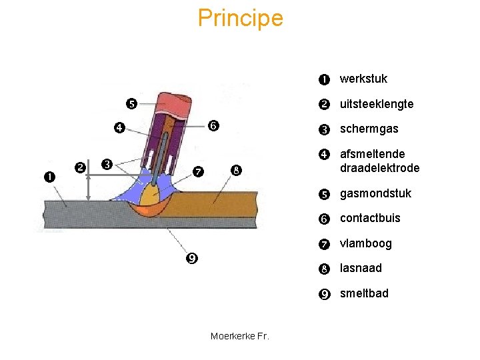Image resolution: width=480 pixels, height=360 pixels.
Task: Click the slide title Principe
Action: (240, 18)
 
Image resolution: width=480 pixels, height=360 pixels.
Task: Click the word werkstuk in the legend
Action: (363, 79)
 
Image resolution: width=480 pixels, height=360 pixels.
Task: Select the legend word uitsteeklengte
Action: (377, 104)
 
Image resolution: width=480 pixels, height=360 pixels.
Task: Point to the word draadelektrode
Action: (379, 168)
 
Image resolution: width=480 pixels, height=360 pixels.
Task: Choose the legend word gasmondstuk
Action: (375, 193)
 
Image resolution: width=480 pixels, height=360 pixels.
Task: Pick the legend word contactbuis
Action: (370, 218)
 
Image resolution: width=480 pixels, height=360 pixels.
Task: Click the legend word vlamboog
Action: (365, 243)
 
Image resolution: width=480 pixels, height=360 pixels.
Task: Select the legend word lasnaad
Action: (361, 268)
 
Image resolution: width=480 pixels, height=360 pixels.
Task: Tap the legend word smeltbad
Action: (364, 293)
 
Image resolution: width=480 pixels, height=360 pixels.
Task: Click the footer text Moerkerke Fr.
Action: (240, 336)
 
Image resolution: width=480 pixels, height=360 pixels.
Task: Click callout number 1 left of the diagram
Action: (50, 177)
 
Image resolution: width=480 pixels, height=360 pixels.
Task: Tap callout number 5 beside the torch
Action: (131, 103)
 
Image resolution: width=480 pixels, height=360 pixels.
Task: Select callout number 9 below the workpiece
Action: (191, 258)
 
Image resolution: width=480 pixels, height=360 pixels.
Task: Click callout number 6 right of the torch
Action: (214, 125)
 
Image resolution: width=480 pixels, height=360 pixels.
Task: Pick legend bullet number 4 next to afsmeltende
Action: (323, 155)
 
